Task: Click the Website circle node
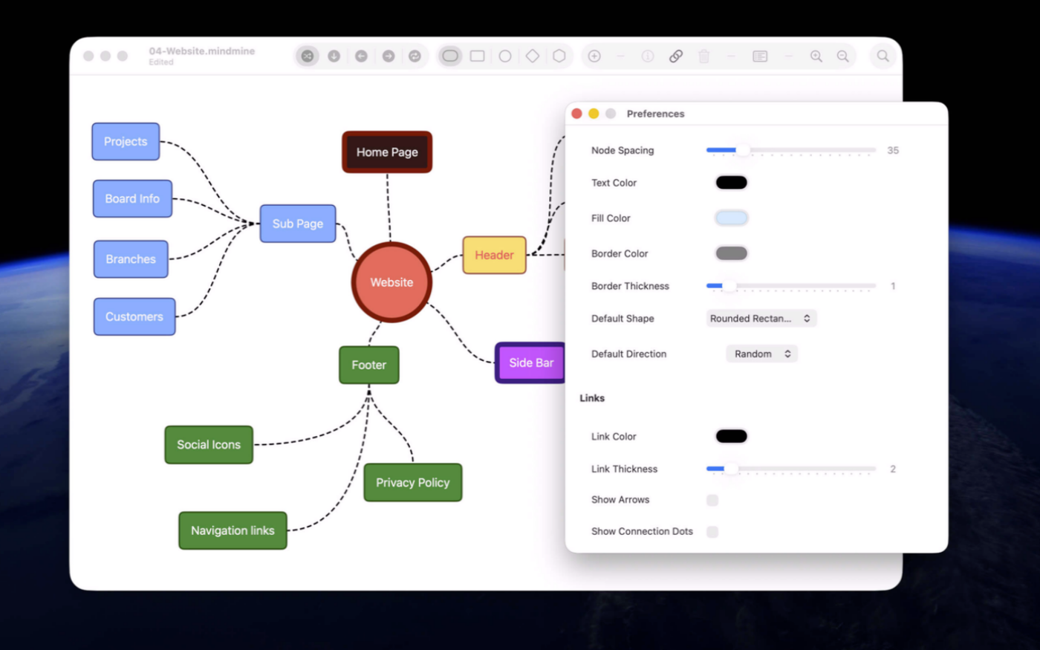[x=391, y=282]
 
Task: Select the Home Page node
[x=387, y=152]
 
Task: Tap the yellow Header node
[x=494, y=255]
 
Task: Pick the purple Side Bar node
[x=530, y=363]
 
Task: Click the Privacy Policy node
[x=413, y=482]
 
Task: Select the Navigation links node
[x=233, y=530]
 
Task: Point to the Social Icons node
[x=209, y=444]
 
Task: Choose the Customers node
[x=134, y=316]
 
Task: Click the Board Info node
[x=132, y=199]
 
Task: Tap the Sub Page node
[x=298, y=224]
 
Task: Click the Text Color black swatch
[x=731, y=183]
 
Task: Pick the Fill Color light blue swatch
[x=731, y=218]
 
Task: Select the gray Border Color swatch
[x=731, y=253]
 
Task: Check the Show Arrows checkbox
[x=712, y=500]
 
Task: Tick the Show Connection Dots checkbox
[x=712, y=532]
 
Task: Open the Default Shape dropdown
[x=761, y=319]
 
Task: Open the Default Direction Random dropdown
[x=762, y=354]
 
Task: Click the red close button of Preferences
[x=576, y=114]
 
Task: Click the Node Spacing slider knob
[x=743, y=150]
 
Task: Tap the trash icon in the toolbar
[x=704, y=56]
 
